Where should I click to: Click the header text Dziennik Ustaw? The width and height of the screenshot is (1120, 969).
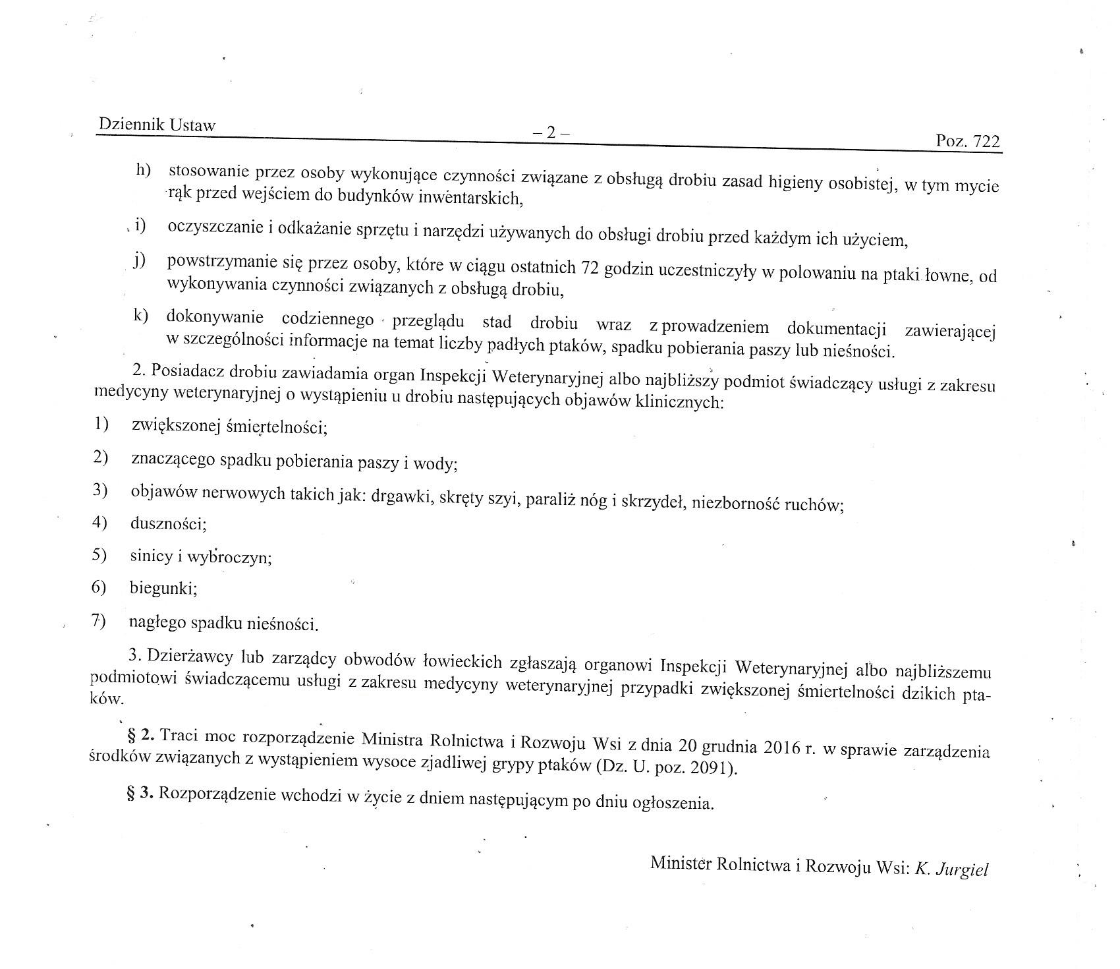coord(157,125)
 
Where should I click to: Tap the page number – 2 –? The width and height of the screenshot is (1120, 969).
coord(551,132)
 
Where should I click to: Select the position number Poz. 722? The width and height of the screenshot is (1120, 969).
coord(967,142)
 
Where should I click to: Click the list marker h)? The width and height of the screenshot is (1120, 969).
coord(143,170)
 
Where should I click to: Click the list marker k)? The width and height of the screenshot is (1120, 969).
coord(140,316)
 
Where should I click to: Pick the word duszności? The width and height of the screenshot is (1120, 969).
coord(169,524)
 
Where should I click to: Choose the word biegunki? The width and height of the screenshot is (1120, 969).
coord(163,588)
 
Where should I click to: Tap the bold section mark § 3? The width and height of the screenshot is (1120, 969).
coord(140,794)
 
